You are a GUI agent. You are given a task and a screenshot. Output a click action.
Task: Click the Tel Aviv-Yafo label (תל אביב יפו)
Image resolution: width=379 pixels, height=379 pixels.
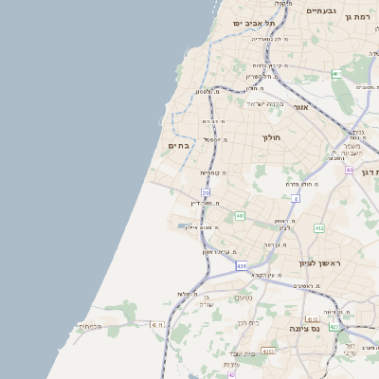pos(256,23)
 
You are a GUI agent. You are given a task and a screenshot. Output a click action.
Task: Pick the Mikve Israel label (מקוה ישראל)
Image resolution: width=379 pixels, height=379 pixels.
pos(264,103)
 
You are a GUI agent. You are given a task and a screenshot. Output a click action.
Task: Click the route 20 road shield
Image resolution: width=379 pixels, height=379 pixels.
pos(206,192)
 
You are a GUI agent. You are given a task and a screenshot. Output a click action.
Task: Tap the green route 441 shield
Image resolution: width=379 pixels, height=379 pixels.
pos(240,216)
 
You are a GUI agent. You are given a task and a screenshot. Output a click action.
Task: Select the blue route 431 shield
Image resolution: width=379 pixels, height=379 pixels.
pos(242,266)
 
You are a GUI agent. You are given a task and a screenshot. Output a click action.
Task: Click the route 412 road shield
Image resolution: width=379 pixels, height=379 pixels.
pos(319,228)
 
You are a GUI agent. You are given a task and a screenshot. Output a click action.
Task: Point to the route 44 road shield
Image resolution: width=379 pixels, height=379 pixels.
pos(350,170)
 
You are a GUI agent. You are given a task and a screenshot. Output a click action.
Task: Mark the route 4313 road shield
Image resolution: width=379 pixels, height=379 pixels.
pos(268,351)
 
